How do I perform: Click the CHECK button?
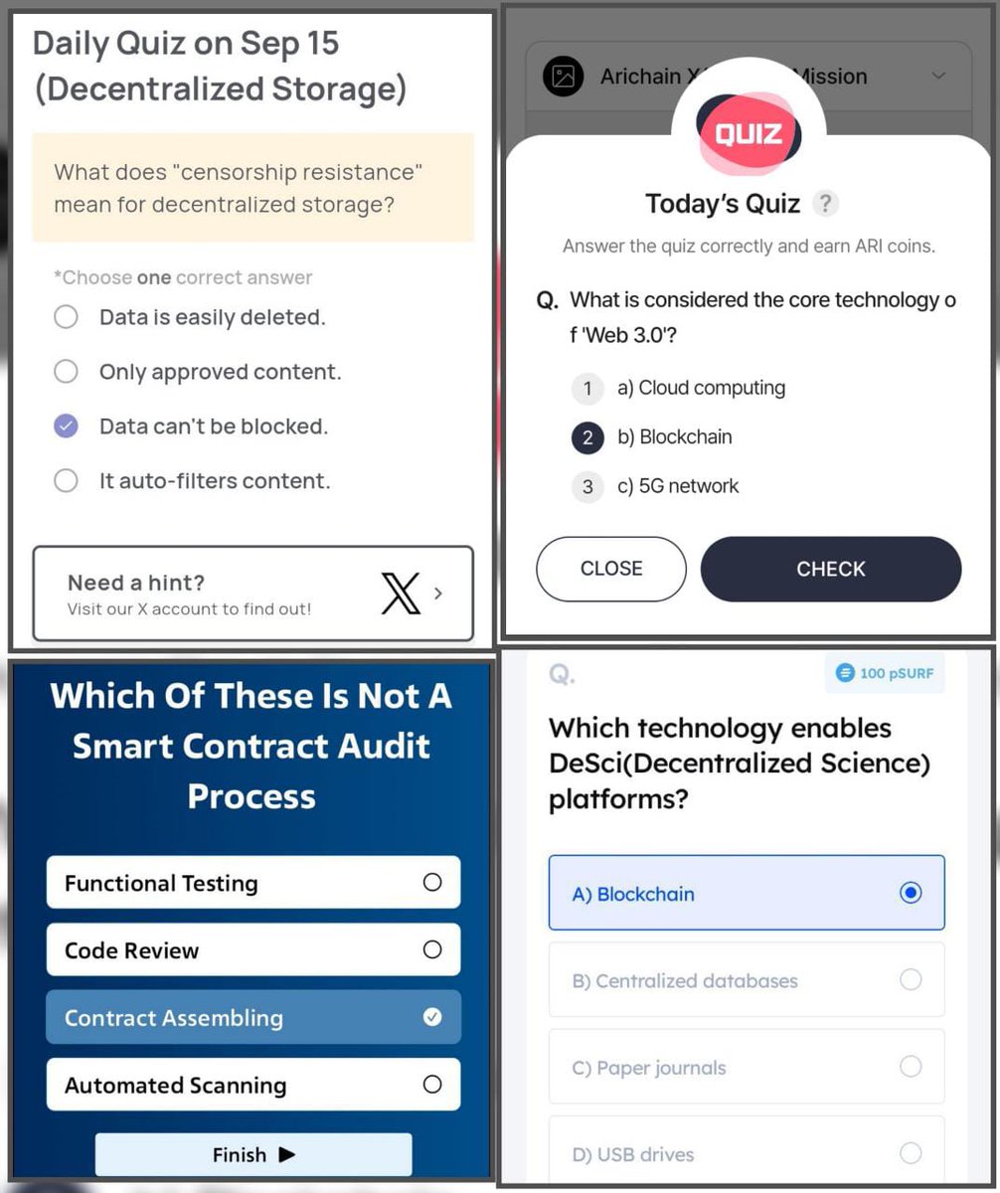pyautogui.click(x=831, y=569)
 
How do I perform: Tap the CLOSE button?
pyautogui.click(x=611, y=569)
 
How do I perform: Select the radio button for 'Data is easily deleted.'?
pyautogui.click(x=66, y=316)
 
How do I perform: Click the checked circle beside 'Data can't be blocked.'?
pyautogui.click(x=66, y=426)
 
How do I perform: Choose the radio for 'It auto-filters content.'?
pyautogui.click(x=66, y=480)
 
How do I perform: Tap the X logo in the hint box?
pyautogui.click(x=401, y=594)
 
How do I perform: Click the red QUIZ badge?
pyautogui.click(x=749, y=133)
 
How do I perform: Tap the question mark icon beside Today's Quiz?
pyautogui.click(x=825, y=204)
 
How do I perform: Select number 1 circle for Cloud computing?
pyautogui.click(x=587, y=389)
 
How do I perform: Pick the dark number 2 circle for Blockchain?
pyautogui.click(x=587, y=437)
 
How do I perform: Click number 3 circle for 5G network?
pyautogui.click(x=587, y=487)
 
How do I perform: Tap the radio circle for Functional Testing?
pyautogui.click(x=432, y=882)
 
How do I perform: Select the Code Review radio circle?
pyautogui.click(x=432, y=949)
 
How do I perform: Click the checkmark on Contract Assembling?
pyautogui.click(x=432, y=1017)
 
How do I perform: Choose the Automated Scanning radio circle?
pyautogui.click(x=432, y=1085)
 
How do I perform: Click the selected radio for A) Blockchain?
pyautogui.click(x=911, y=893)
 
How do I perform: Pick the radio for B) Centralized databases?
pyautogui.click(x=911, y=979)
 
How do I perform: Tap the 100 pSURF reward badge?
pyautogui.click(x=885, y=673)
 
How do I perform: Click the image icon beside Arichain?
pyautogui.click(x=564, y=76)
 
